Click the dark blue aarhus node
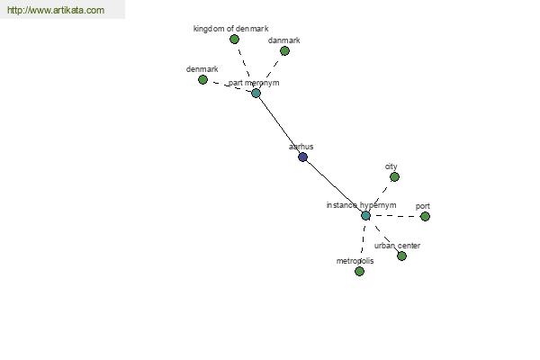click(302, 157)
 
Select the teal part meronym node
click(256, 93)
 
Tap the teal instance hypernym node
click(365, 215)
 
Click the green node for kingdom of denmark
click(234, 40)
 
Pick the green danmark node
click(284, 50)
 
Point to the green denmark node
click(202, 79)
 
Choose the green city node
click(394, 176)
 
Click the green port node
click(425, 216)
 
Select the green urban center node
click(401, 256)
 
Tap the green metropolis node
click(359, 271)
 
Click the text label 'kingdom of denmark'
click(230, 29)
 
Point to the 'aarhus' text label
click(301, 146)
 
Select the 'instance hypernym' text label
click(361, 205)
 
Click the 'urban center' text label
click(397, 246)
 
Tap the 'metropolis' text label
click(355, 261)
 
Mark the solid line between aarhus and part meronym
click(279, 124)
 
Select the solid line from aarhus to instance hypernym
click(334, 186)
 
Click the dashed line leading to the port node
click(396, 216)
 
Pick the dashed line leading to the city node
click(381, 194)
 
